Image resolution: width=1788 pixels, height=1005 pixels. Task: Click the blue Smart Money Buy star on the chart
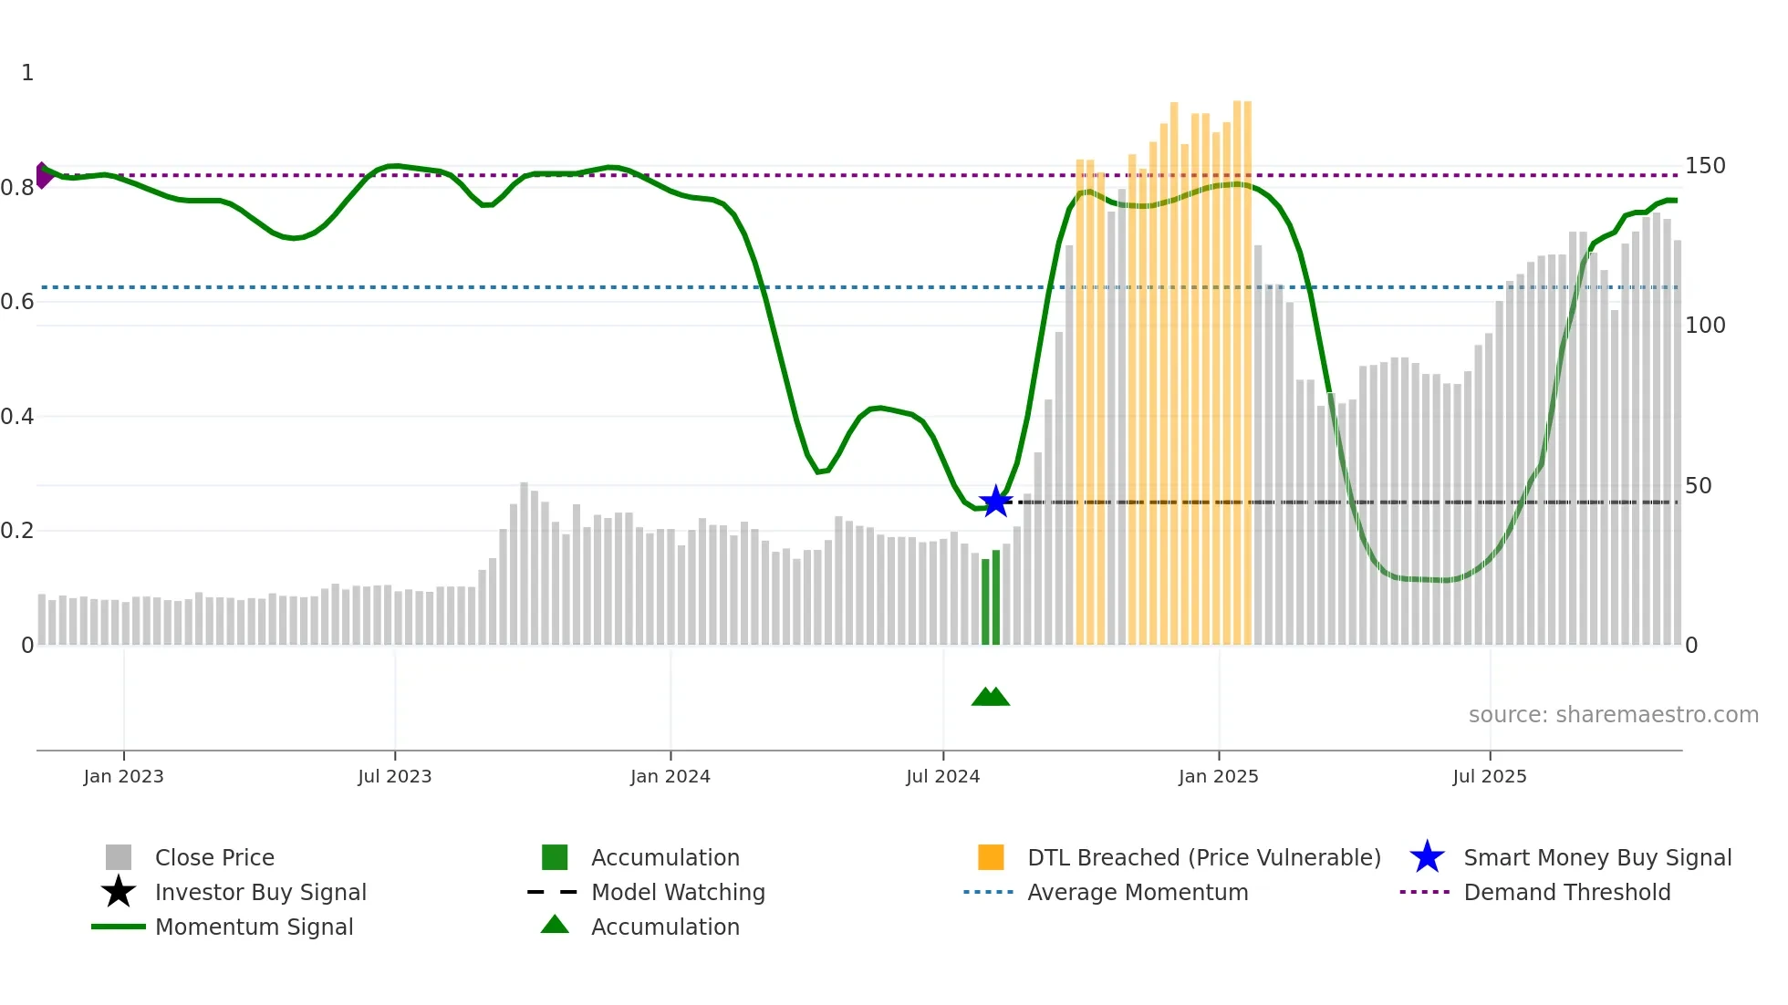(x=995, y=502)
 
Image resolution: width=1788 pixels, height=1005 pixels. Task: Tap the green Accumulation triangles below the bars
(x=991, y=697)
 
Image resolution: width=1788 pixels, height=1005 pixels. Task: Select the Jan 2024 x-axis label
(x=670, y=776)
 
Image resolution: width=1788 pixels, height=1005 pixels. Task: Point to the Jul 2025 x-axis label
(x=1489, y=776)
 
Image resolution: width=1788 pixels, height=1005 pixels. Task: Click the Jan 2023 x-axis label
(x=123, y=776)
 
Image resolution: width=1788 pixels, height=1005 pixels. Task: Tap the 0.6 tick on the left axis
(x=17, y=302)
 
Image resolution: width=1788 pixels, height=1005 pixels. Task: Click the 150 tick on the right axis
(x=1704, y=166)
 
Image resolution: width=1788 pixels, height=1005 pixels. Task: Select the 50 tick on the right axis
(x=1698, y=485)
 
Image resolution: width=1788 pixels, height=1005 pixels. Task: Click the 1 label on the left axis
(x=27, y=73)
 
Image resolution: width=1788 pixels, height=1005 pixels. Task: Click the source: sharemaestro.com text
(x=1613, y=714)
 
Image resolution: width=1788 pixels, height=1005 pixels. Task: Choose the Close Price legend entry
(x=214, y=857)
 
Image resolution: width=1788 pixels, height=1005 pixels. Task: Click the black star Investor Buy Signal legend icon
(x=119, y=892)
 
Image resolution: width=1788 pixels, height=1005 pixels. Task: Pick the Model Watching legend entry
(x=678, y=892)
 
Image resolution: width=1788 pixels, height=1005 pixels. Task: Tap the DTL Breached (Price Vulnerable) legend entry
(x=1203, y=857)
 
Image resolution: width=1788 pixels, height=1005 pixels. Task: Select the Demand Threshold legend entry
(x=1566, y=892)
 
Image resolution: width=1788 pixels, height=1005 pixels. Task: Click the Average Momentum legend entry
(x=1137, y=892)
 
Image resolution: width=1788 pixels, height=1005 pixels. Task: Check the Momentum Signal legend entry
(x=254, y=927)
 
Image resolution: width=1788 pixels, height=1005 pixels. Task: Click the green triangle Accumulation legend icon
(x=555, y=925)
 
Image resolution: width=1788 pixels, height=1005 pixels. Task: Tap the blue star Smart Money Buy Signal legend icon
(x=1427, y=857)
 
